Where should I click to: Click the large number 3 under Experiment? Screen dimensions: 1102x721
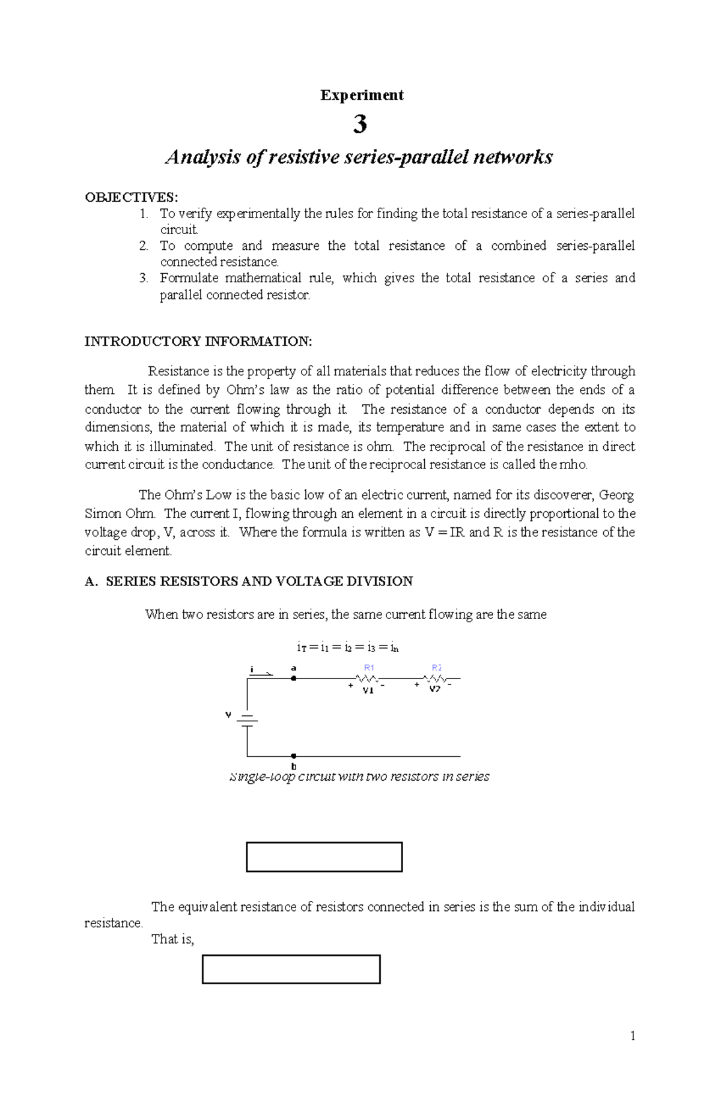(360, 124)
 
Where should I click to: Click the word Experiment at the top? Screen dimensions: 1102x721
(361, 95)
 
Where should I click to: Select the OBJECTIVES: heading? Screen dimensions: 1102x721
(132, 197)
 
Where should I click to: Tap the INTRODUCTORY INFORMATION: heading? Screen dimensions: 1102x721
(198, 342)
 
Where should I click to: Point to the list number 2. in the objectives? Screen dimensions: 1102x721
(144, 246)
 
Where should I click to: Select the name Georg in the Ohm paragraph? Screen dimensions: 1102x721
(616, 495)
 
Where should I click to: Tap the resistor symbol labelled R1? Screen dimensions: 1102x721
(367, 679)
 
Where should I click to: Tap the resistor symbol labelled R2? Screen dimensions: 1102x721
(434, 679)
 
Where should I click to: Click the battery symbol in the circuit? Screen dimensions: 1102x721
(247, 720)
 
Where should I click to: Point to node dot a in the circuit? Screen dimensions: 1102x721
(294, 678)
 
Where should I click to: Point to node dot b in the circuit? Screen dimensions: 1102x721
(294, 756)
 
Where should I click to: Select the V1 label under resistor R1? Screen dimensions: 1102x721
(368, 691)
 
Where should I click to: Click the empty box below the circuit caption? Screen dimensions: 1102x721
(324, 856)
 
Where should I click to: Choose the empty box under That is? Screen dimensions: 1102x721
(291, 969)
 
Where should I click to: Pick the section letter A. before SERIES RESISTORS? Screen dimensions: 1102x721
(91, 581)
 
